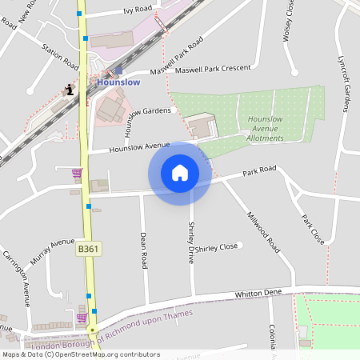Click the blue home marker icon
click(x=180, y=173)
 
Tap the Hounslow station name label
click(x=118, y=82)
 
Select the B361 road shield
click(x=89, y=250)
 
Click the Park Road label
click(x=260, y=170)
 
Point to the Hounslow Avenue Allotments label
click(x=261, y=128)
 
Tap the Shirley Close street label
click(x=217, y=247)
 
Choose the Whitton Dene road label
click(x=260, y=294)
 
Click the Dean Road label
click(x=144, y=250)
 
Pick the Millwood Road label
click(x=263, y=233)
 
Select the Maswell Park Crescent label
click(x=213, y=70)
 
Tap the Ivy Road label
click(x=138, y=9)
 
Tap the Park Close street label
click(x=313, y=229)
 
